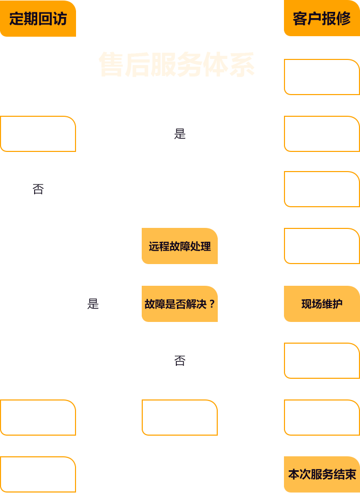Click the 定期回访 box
click(38, 19)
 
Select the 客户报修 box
click(321, 19)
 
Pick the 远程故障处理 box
click(179, 246)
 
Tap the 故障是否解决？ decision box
click(179, 304)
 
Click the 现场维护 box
click(321, 304)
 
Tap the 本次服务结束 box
click(321, 474)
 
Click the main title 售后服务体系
click(176, 65)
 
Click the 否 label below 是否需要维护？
click(38, 189)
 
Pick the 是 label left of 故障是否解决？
click(93, 304)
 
